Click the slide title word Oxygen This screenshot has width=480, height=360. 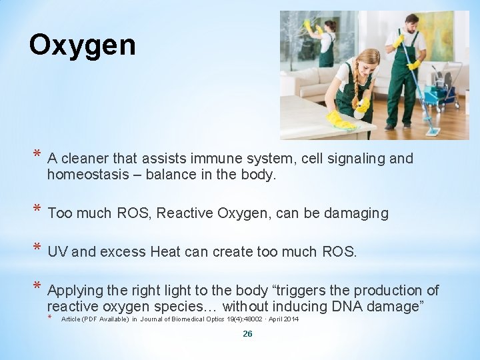pos(82,46)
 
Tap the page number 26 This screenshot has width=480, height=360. pos(247,333)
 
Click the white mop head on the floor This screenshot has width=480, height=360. pos(433,131)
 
